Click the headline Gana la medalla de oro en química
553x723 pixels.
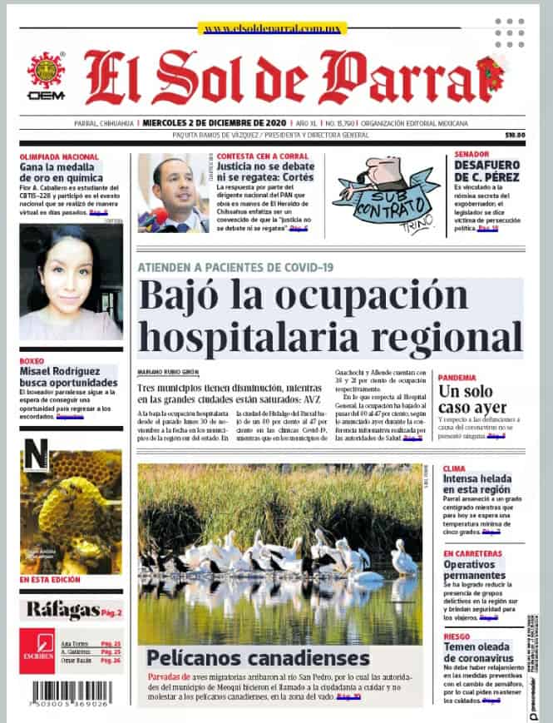(62, 173)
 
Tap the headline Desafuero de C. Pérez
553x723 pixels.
(487, 171)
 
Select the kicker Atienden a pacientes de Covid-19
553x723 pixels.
(235, 266)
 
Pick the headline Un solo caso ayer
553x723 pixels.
(472, 399)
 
